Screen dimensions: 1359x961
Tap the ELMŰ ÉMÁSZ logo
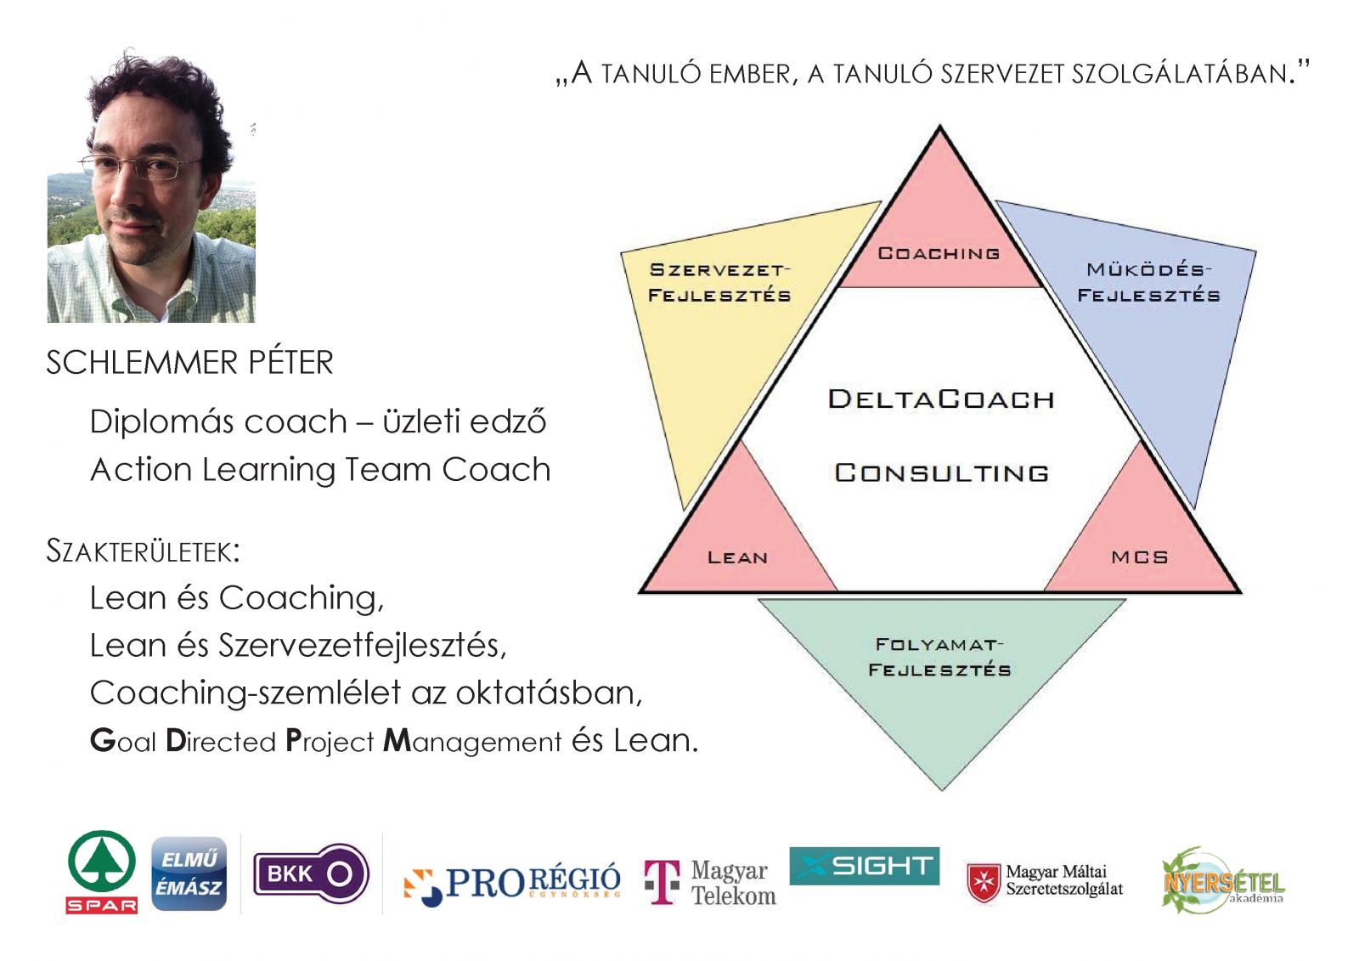pos(189,873)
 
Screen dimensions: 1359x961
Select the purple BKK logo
pos(311,873)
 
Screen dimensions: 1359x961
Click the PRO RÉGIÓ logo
pos(512,884)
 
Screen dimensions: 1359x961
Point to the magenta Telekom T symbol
pos(662,881)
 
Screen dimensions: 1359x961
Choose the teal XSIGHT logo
pos(864,866)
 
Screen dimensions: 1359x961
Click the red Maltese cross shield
pos(983,883)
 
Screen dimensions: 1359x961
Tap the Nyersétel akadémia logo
pos(1223,880)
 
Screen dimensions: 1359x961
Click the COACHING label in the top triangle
pos(939,253)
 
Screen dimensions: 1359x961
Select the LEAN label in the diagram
pos(738,557)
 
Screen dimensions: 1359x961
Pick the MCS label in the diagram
pos(1139,557)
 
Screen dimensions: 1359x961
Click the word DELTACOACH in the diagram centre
pos(941,399)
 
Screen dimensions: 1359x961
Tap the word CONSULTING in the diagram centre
pos(941,473)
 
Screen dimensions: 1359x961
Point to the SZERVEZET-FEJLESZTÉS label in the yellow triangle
pos(719,282)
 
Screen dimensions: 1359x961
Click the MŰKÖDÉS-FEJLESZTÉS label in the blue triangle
pos(1148,282)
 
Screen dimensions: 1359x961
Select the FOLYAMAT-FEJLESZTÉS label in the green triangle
pos(939,657)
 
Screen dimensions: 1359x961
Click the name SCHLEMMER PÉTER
pos(190,363)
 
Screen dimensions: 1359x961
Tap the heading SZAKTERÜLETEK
pos(144,551)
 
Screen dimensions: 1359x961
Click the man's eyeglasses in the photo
pos(141,166)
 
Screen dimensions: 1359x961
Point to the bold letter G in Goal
pos(103,741)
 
